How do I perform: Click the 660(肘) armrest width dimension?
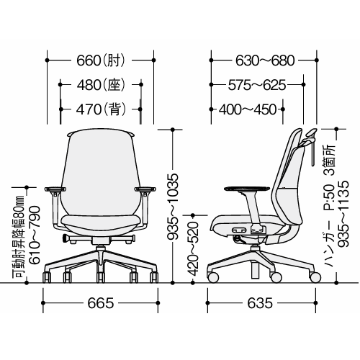(x=101, y=60)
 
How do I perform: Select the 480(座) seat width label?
(x=101, y=85)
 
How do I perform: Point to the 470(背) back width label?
(x=101, y=109)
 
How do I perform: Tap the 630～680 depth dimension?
(x=265, y=60)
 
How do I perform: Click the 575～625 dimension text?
(x=257, y=85)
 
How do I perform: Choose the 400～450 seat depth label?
(x=248, y=109)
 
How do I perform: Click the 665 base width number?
(x=101, y=303)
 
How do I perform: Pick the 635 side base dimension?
(x=260, y=303)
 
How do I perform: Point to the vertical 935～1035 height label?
(x=173, y=207)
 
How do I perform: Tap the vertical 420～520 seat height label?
(x=193, y=248)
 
